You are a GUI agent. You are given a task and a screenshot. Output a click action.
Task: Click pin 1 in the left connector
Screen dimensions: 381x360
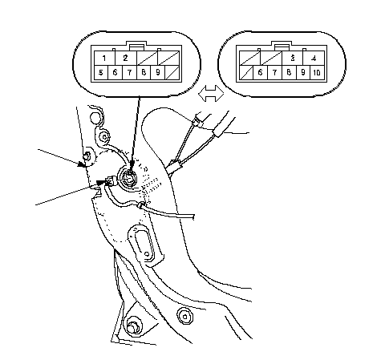pos(104,59)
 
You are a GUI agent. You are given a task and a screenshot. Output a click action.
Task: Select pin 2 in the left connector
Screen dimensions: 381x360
pos(126,59)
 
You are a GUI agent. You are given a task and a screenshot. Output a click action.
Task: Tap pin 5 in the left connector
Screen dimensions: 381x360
pos(101,72)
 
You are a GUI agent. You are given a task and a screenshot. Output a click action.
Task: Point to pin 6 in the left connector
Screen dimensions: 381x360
pos(115,72)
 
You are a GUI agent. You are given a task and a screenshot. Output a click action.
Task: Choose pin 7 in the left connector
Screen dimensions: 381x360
pos(129,72)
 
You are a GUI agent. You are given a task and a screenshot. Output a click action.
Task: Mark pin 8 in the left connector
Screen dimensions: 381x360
pos(144,72)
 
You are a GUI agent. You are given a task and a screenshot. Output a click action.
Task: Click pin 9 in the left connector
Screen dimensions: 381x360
pos(158,72)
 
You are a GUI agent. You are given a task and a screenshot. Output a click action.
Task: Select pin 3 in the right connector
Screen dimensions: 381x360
pos(293,59)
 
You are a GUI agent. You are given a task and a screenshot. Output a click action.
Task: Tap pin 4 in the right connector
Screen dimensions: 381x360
pos(314,59)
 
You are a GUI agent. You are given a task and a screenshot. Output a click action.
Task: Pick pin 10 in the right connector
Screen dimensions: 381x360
pos(317,72)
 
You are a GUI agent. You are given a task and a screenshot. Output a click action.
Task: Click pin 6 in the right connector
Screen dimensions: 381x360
pos(260,72)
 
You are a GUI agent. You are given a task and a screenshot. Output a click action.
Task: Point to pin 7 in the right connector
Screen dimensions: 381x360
pos(274,72)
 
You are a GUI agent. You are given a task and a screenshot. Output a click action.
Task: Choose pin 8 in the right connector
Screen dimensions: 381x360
pos(289,72)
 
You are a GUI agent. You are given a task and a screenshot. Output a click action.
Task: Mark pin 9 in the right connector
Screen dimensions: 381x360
pos(303,72)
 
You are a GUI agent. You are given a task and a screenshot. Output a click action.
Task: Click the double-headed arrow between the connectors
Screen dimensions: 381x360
pos(211,94)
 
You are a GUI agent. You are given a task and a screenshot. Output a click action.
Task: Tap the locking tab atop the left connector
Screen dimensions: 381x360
pos(137,46)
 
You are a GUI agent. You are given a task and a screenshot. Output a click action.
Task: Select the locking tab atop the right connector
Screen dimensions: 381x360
pos(282,46)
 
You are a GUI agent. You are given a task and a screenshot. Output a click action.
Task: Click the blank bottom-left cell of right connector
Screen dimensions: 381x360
pos(246,72)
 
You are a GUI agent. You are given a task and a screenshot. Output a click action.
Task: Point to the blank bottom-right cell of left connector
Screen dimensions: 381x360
pos(172,72)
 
